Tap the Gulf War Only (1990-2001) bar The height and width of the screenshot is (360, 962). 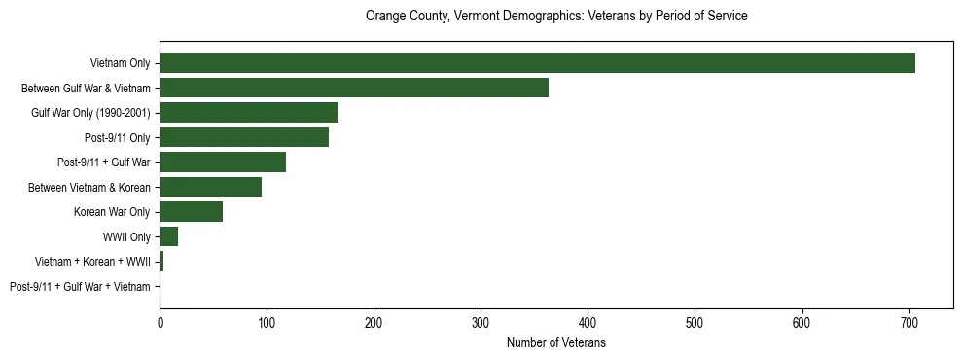tap(249, 113)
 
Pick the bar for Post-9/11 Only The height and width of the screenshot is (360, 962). tap(244, 137)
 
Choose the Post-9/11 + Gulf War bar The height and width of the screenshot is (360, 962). tap(223, 162)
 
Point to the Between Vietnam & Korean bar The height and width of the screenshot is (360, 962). tap(210, 187)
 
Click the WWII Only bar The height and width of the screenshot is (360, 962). tap(168, 236)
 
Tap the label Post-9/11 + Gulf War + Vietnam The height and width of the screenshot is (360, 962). tap(80, 287)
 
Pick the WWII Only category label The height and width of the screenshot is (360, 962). tap(126, 236)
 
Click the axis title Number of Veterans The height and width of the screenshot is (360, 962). tap(555, 342)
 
